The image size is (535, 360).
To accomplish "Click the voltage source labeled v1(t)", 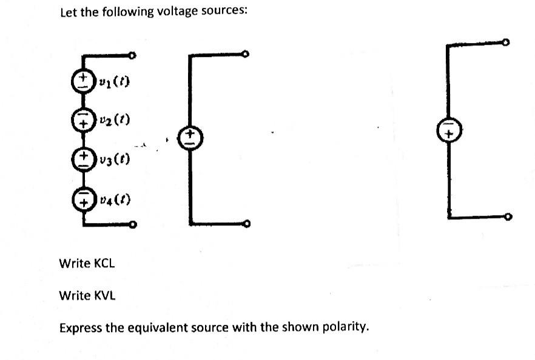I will [x=81, y=81].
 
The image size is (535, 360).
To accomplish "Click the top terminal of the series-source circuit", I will [x=132, y=56].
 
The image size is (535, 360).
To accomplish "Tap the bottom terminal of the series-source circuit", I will [x=132, y=226].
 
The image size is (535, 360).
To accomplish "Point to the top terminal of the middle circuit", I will [x=246, y=55].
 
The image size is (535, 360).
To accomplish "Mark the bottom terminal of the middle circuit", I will [x=246, y=224].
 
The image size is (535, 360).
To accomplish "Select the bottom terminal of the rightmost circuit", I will [x=507, y=216].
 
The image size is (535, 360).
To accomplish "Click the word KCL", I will [x=103, y=264].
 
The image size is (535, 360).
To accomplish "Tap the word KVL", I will [x=103, y=296].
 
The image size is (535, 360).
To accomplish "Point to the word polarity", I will [x=344, y=328].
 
